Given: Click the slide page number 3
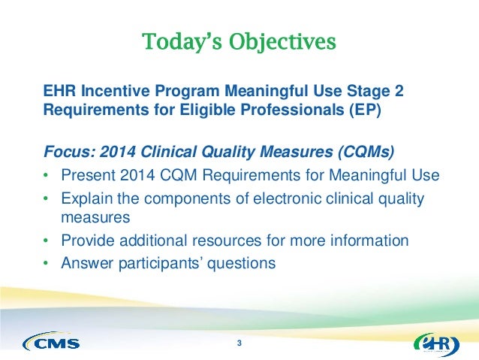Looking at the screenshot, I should [239, 344].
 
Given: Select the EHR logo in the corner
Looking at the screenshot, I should [436, 343].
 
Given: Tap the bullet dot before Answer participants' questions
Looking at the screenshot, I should [46, 263].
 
